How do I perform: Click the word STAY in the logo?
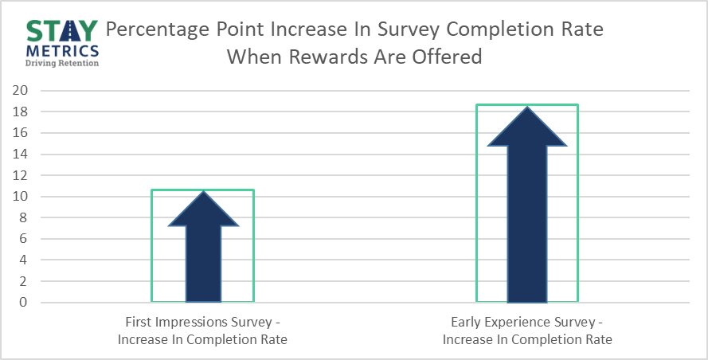coord(62,31)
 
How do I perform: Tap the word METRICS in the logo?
coord(62,51)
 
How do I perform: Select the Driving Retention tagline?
coord(62,63)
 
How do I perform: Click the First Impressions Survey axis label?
coord(202,331)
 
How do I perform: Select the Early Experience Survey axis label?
coord(527,331)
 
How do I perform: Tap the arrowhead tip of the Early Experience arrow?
coord(527,107)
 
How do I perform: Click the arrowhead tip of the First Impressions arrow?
coord(203,191)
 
